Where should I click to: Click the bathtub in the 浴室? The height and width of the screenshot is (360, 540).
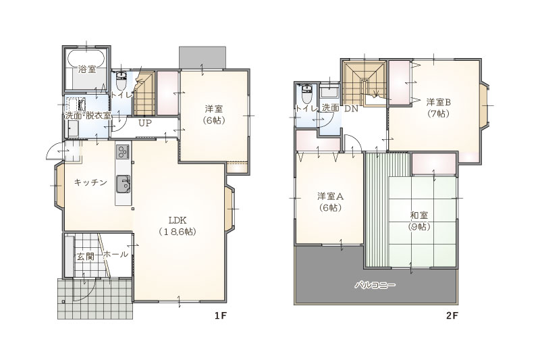[86, 58]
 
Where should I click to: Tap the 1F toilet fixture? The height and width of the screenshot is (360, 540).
[122, 80]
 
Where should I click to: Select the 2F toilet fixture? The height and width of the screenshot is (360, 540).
[306, 94]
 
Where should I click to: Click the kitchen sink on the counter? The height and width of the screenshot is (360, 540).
[123, 184]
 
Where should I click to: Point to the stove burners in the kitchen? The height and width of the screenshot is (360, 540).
[123, 151]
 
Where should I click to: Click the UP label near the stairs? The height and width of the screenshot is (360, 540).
[145, 123]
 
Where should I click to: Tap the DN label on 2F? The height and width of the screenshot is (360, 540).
[352, 109]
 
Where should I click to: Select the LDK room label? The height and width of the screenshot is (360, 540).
[178, 220]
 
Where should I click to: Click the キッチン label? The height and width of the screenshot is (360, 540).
[91, 182]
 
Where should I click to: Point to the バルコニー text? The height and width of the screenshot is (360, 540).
[375, 285]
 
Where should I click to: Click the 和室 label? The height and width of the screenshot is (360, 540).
[419, 215]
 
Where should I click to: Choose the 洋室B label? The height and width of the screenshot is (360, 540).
[438, 102]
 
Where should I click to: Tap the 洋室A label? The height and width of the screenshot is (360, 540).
[330, 197]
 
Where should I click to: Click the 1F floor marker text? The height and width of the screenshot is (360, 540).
[220, 316]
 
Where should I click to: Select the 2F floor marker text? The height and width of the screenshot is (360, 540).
[452, 316]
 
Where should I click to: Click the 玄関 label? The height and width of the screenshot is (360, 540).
[85, 256]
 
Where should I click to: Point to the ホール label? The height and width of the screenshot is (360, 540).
[115, 255]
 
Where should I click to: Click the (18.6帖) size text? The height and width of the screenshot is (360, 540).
[178, 232]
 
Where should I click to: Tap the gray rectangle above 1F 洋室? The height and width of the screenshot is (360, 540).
[202, 57]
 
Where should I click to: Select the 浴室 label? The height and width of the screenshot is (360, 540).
[87, 70]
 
